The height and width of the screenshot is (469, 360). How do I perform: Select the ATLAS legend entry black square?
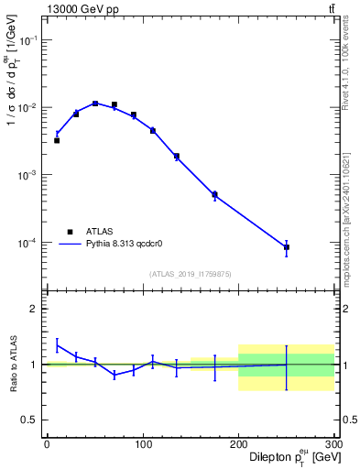pyautogui.click(x=70, y=232)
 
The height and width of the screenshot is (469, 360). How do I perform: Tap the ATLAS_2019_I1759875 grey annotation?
pyautogui.click(x=191, y=273)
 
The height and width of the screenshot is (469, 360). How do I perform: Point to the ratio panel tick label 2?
pyautogui.click(x=34, y=309)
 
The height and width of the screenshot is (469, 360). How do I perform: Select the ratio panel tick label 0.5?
pyautogui.click(x=29, y=420)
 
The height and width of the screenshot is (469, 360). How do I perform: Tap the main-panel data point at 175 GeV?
pyautogui.click(x=214, y=194)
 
